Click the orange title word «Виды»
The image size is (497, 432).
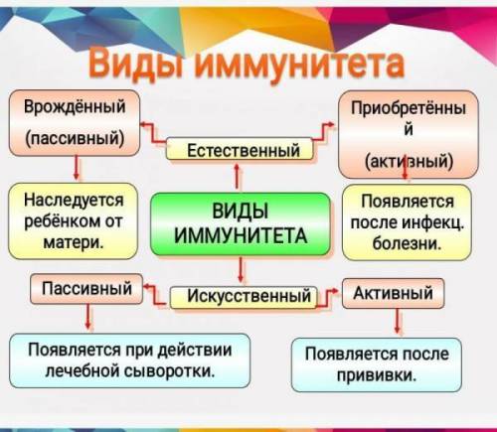(x=135, y=65)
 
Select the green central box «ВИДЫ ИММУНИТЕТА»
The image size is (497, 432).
(x=241, y=224)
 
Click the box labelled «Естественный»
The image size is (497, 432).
(x=240, y=149)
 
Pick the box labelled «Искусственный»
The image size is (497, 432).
(x=244, y=297)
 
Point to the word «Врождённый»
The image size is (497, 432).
(x=75, y=106)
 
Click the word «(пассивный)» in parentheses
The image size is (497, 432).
(x=75, y=138)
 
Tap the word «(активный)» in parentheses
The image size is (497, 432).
(x=409, y=161)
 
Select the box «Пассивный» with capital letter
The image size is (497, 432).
(x=86, y=289)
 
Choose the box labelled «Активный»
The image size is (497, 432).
(x=393, y=293)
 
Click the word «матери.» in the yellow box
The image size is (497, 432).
(x=74, y=242)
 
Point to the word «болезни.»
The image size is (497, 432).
(x=407, y=243)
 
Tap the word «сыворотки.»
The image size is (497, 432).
(x=169, y=370)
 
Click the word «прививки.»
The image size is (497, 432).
(x=377, y=375)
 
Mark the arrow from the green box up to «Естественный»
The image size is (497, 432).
(x=237, y=176)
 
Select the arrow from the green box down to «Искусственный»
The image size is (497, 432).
(x=241, y=270)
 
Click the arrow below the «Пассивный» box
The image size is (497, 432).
(x=88, y=316)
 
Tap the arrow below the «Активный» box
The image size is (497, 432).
(x=398, y=321)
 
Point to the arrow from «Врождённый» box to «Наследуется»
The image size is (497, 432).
(x=77, y=168)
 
